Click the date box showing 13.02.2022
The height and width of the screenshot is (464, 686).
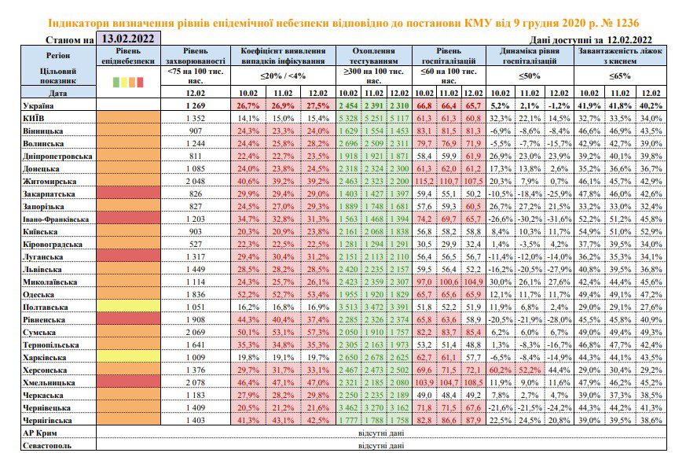click(128, 38)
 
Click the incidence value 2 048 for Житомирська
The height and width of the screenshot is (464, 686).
click(195, 181)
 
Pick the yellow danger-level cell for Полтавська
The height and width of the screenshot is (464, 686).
click(128, 307)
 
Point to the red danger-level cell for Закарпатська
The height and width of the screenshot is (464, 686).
click(128, 193)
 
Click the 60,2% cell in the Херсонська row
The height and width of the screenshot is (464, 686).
click(501, 370)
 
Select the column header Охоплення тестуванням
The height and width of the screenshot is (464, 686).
click(373, 56)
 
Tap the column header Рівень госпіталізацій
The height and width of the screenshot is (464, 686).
click(449, 56)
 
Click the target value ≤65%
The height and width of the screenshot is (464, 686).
click(620, 75)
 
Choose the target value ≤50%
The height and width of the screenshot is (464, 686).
click(530, 75)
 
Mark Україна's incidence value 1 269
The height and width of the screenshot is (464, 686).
click(195, 105)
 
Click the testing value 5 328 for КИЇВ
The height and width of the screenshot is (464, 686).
click(349, 118)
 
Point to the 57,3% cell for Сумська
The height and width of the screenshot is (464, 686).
click(317, 332)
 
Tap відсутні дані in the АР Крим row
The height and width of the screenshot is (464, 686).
click(381, 433)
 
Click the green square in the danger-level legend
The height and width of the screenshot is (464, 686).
click(116, 82)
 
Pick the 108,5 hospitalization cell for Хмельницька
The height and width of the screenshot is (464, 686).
click(473, 382)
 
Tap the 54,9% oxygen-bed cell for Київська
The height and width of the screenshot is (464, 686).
click(589, 231)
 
